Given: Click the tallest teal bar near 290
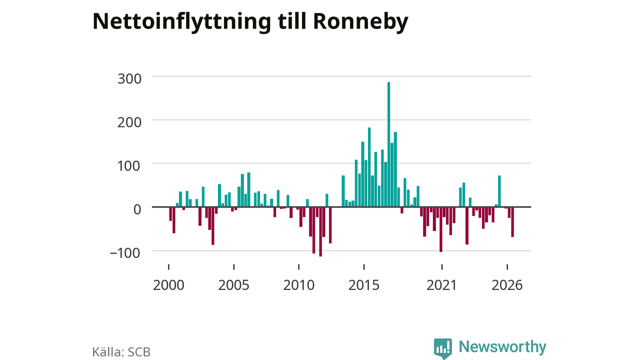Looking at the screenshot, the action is click(x=388, y=144).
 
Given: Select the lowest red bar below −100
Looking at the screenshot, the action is click(x=320, y=231).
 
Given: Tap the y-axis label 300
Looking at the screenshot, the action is click(x=129, y=79).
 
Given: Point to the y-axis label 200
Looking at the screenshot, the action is click(x=129, y=122).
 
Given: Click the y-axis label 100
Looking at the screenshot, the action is click(x=129, y=166).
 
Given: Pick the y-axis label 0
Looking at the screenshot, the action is click(x=137, y=209).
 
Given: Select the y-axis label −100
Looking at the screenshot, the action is click(x=125, y=253).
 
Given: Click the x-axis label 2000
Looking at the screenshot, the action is click(x=168, y=285).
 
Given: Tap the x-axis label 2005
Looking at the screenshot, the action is click(x=233, y=285).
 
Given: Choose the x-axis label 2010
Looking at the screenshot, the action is click(x=298, y=285).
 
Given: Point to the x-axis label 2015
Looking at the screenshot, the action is click(x=363, y=285).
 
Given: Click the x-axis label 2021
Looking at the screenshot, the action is click(x=441, y=285).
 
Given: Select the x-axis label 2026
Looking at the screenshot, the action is click(x=507, y=285).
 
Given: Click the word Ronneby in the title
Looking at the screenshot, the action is click(x=360, y=21).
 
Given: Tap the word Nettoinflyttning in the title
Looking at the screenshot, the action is click(x=181, y=21).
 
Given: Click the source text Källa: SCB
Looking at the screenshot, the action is click(x=121, y=352).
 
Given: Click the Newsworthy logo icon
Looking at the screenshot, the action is click(x=443, y=348).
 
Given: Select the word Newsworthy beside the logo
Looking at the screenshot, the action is click(x=502, y=346).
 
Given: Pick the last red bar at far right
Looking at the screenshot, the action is click(x=512, y=222).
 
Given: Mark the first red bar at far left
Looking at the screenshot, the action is click(x=170, y=214).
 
